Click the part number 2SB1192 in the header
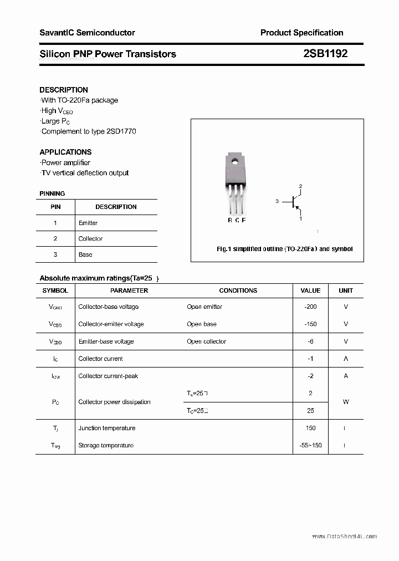click(x=325, y=54)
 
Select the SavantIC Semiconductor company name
click(x=87, y=33)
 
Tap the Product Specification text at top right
click(x=301, y=33)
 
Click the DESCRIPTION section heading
click(x=64, y=90)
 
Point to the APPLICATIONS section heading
click(x=65, y=152)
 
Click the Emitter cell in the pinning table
click(x=88, y=223)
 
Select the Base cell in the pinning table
click(x=85, y=254)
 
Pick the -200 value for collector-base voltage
click(x=310, y=307)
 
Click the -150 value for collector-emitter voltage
click(x=310, y=324)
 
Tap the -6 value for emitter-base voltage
click(x=310, y=341)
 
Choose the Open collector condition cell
click(x=206, y=341)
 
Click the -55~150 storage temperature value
click(x=310, y=445)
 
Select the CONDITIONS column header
click(x=238, y=290)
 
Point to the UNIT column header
click(x=346, y=290)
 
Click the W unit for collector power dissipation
click(x=346, y=402)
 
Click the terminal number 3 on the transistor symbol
click(x=277, y=201)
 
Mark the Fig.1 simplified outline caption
click(x=284, y=249)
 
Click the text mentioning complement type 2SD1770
click(x=89, y=131)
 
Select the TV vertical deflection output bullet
click(x=85, y=173)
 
